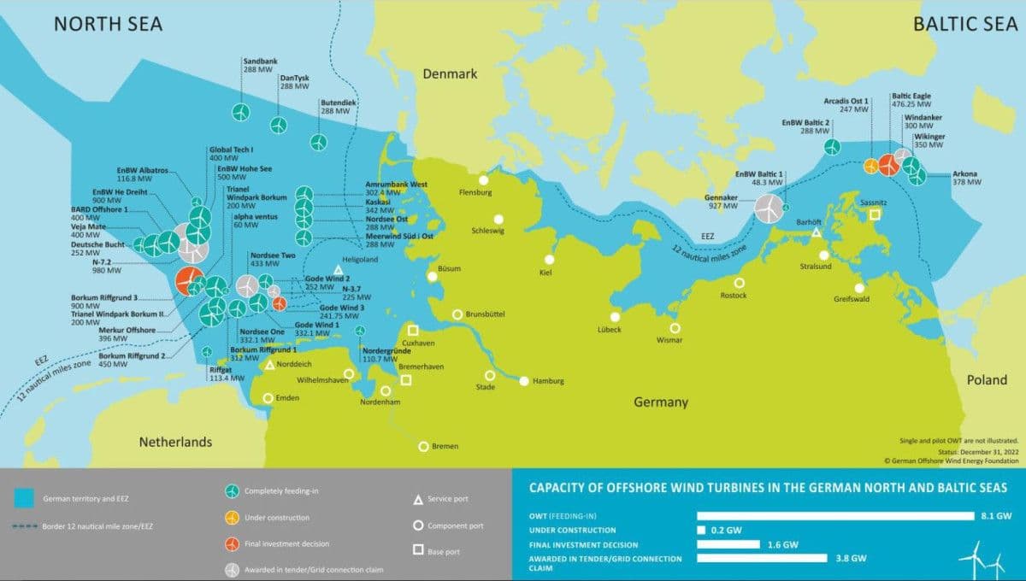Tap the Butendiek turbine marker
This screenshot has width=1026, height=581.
click(x=319, y=141)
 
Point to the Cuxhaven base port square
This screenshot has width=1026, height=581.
click(x=413, y=331)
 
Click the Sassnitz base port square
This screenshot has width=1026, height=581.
click(x=874, y=214)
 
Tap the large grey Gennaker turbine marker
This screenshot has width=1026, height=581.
click(x=768, y=208)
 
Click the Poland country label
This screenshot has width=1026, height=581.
click(x=987, y=380)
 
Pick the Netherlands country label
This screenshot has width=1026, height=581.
click(x=175, y=442)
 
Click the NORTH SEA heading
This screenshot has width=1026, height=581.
click(x=108, y=24)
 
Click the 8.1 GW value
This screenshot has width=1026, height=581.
click(x=997, y=516)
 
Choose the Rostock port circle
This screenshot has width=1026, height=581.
click(x=739, y=283)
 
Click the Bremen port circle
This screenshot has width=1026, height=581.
click(x=423, y=446)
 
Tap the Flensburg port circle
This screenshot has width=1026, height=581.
click(x=484, y=180)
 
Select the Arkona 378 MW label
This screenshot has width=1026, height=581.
click(x=966, y=178)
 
